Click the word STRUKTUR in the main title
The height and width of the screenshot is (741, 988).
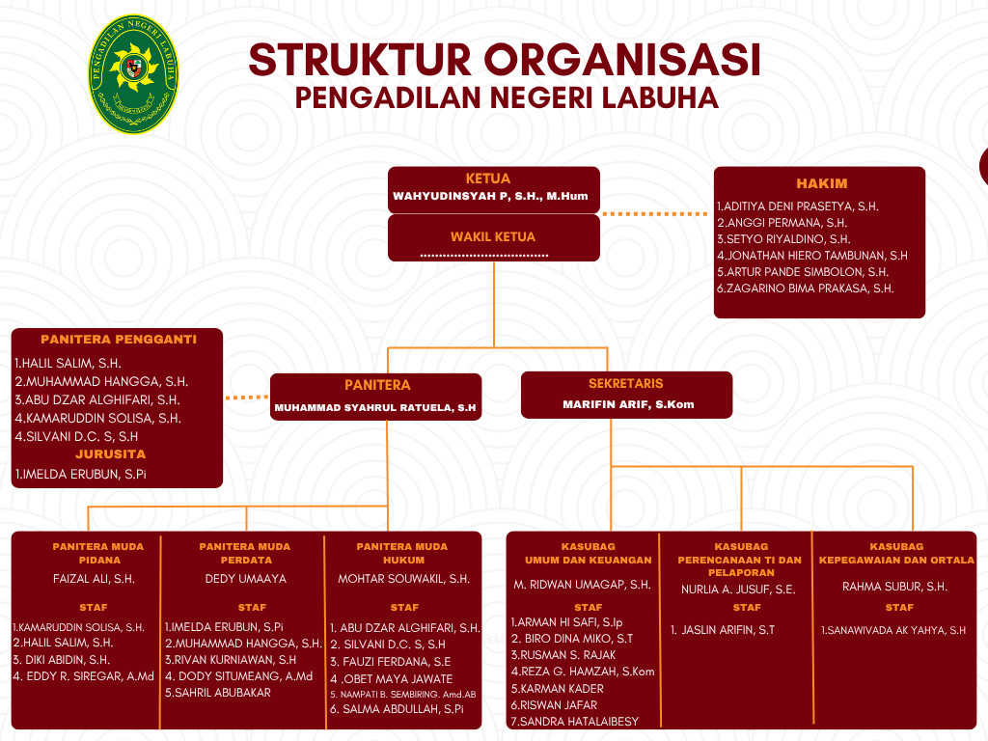point(360,60)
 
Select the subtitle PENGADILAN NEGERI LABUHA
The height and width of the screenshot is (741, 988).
point(507,98)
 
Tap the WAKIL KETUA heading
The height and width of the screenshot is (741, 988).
point(493,236)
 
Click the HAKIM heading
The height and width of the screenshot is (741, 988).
point(822,183)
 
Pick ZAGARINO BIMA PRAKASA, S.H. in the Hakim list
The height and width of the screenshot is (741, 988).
point(805,288)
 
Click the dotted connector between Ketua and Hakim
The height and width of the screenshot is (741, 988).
point(655,213)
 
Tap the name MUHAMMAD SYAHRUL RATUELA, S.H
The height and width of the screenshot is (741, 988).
point(375,408)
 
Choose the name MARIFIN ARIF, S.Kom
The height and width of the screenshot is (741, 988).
point(628,404)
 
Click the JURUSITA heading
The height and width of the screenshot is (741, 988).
point(111,453)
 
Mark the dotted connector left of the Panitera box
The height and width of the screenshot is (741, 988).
point(246,397)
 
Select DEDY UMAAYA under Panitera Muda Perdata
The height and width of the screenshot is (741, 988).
point(246,579)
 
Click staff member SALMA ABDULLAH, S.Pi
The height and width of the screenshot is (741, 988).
point(398,708)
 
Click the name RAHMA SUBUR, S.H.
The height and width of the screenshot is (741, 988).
point(894,586)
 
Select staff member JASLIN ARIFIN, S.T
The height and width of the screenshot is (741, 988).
point(724,630)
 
